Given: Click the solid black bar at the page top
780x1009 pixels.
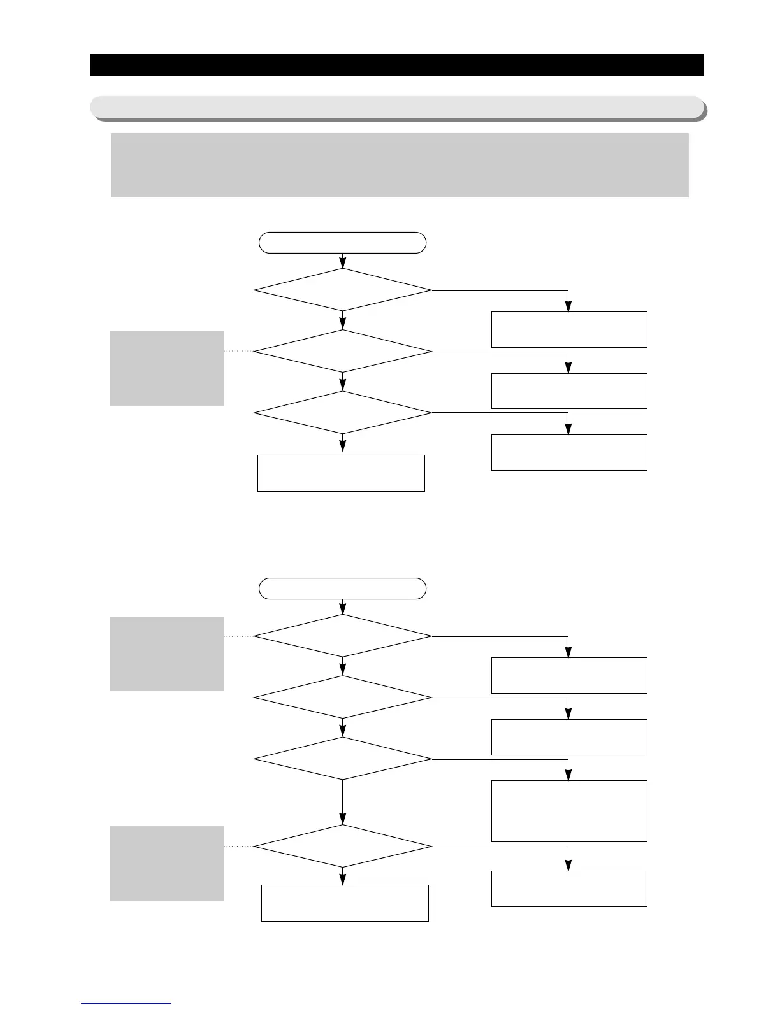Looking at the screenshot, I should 396,65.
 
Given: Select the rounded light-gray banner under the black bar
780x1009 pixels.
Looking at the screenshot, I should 396,107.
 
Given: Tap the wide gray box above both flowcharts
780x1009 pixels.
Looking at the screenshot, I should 400,165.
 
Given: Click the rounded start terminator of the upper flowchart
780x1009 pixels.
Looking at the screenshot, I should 342,243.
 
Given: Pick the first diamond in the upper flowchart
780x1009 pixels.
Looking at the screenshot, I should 342,290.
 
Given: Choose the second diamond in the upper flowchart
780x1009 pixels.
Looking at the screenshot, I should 342,351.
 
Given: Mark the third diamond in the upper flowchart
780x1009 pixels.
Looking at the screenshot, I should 342,413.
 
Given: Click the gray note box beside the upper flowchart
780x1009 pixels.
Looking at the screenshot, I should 167,368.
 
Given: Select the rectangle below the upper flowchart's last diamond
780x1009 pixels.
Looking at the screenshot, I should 341,473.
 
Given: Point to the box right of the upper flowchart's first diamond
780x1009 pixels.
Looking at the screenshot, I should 569,329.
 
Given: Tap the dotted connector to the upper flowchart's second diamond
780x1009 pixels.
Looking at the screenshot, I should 239,351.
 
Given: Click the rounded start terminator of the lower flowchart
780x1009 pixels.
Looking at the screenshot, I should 342,589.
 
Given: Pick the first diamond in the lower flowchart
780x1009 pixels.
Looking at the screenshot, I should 342,636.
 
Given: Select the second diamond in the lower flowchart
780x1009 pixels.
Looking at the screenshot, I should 342,698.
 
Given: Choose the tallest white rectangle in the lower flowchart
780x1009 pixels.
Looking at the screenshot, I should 569,811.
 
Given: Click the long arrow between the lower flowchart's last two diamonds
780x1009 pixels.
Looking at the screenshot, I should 343,802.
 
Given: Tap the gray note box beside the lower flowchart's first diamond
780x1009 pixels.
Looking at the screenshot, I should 167,654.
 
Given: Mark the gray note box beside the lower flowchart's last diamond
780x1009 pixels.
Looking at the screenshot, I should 167,863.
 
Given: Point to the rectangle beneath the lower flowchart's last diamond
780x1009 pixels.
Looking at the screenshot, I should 345,903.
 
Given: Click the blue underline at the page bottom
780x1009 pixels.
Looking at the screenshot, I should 126,1004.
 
